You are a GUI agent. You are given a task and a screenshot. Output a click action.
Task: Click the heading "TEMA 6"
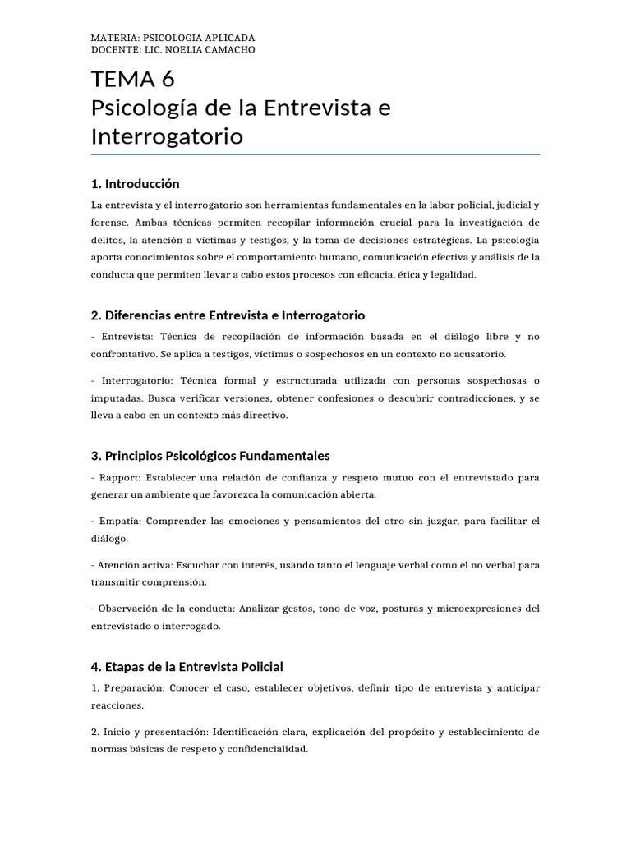coord(133,80)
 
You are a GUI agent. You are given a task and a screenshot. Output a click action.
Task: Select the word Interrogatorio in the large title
coord(167,136)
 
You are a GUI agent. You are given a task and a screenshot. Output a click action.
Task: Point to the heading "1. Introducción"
coord(136,183)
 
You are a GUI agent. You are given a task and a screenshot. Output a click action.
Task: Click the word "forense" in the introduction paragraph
coord(111,223)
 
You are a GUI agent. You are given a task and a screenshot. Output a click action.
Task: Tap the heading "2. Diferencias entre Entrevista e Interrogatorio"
coord(228,315)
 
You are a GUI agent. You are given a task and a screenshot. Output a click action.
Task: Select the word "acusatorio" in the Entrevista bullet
coord(478,354)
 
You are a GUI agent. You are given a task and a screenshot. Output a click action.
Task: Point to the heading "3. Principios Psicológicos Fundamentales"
coord(211,455)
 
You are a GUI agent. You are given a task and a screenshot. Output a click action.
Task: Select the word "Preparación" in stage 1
coord(132,687)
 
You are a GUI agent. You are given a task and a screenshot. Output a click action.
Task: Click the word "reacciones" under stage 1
coord(117,705)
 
